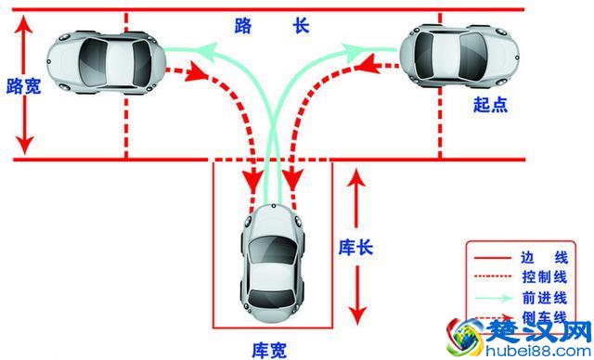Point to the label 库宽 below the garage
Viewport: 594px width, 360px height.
270,350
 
